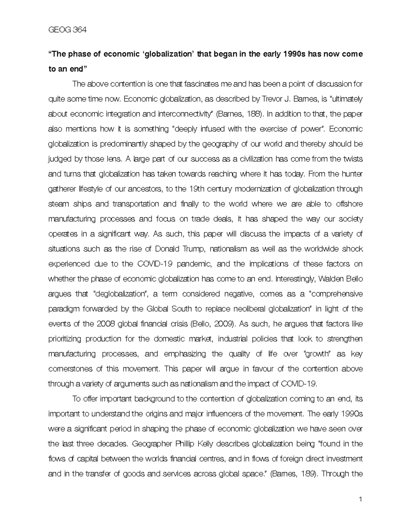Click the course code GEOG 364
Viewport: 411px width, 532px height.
point(67,30)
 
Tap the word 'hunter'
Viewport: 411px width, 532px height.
point(351,174)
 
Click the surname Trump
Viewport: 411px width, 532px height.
point(194,249)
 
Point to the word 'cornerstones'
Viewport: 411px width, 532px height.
point(70,369)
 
